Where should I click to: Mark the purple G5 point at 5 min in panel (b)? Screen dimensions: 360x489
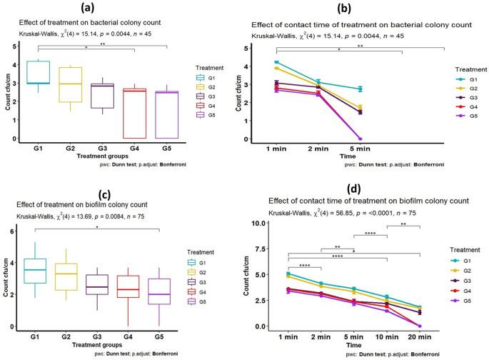(400, 139)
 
